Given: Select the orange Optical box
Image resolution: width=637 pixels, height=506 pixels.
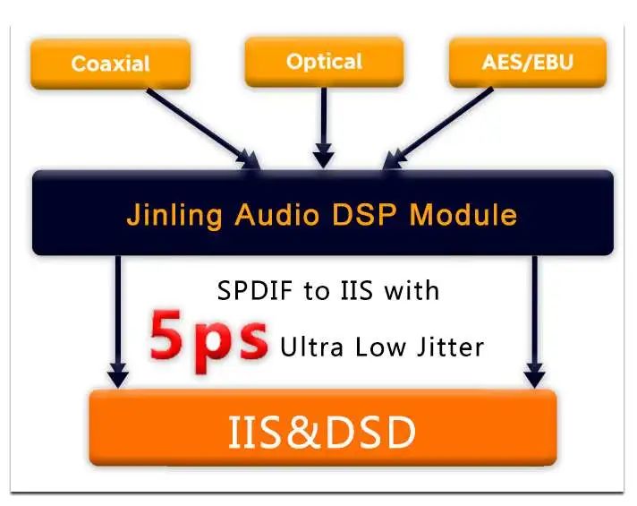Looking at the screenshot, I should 323,62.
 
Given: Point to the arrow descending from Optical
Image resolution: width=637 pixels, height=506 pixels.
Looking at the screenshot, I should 323,125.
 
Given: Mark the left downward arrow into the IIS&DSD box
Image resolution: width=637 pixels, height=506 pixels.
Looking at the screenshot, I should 117,322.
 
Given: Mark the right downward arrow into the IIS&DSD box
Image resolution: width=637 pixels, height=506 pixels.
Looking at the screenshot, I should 535,322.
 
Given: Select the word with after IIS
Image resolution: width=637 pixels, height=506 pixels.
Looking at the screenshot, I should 411,291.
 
